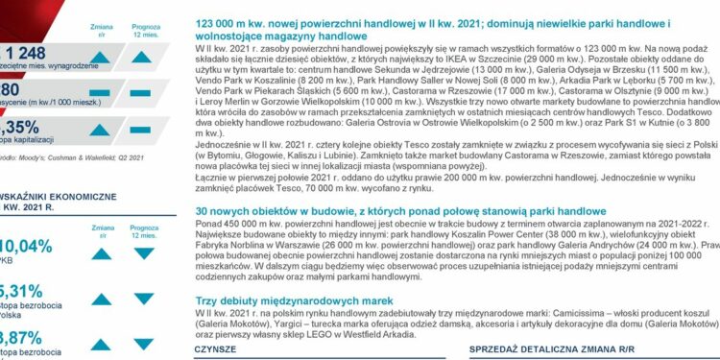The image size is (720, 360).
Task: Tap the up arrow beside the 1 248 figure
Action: tap(99, 57)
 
